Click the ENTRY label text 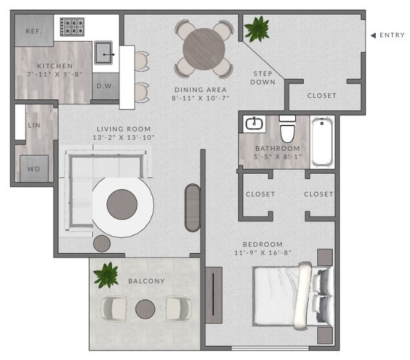[x=392, y=35]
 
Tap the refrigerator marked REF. [x=34, y=31]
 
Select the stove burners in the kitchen [x=72, y=27]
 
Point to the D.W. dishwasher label [x=105, y=86]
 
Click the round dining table [x=204, y=49]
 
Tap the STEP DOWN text [x=263, y=78]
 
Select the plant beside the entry [x=257, y=28]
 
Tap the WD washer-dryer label [x=34, y=169]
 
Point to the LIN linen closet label [x=34, y=126]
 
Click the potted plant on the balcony [x=106, y=275]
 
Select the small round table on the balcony [x=146, y=309]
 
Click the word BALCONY [x=146, y=281]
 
